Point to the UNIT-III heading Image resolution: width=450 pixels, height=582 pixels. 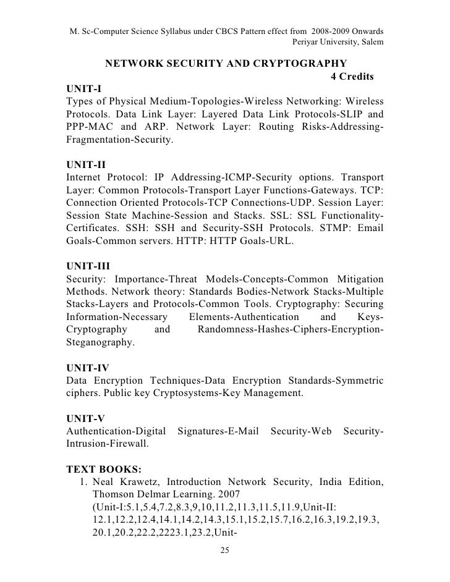(88, 266)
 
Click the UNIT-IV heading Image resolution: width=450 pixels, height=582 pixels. (87, 368)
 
